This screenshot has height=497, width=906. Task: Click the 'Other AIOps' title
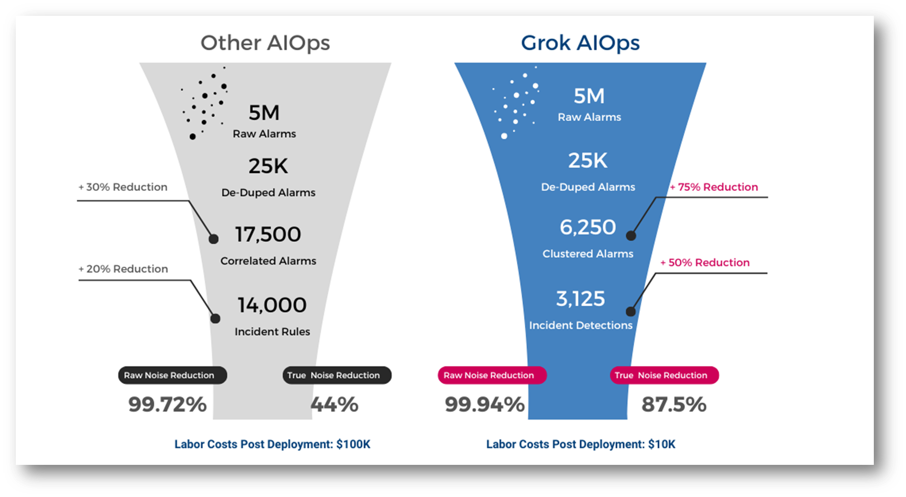tap(265, 43)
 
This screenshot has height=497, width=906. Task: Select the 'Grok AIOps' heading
tap(580, 43)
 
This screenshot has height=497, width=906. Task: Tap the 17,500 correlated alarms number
tap(268, 234)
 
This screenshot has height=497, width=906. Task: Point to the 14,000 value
tap(272, 305)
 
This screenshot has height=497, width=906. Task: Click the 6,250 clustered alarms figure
tap(588, 227)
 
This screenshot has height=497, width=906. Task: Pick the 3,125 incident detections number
tap(580, 299)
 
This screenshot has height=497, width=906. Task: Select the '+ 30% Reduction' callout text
tap(123, 187)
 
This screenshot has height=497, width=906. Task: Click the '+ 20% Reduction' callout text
tap(123, 269)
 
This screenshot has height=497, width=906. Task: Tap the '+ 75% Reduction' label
tap(713, 187)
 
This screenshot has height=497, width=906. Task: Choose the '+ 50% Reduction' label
tap(705, 263)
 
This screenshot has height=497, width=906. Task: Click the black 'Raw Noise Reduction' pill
tap(172, 375)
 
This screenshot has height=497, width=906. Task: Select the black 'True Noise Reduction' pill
tap(337, 375)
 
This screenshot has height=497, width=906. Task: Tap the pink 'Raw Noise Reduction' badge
tap(492, 375)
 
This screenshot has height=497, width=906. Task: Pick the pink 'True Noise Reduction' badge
tap(664, 375)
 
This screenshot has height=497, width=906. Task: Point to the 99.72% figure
tap(167, 405)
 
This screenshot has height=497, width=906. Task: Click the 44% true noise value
tap(334, 405)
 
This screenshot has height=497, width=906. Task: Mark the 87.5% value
tap(674, 405)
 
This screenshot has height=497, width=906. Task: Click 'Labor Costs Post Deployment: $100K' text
tap(272, 444)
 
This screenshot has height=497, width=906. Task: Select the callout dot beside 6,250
tap(631, 235)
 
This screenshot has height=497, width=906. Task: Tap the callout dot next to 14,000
tap(215, 318)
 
